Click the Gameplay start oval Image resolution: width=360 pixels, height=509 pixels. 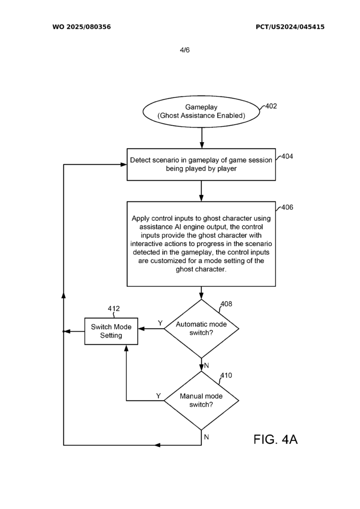point(201,111)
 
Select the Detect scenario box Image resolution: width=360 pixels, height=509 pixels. point(201,165)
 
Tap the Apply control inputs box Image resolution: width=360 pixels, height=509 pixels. point(201,244)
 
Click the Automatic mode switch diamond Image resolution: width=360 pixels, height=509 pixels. point(201,329)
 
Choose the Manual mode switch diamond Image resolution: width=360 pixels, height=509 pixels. point(201,401)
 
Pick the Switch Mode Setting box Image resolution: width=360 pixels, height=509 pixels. point(111,331)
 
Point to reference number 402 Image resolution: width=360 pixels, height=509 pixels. point(271,106)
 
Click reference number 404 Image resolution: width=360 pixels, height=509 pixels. point(287,156)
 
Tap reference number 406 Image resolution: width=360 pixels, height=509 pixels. point(287,207)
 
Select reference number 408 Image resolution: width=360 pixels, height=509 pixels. point(226,304)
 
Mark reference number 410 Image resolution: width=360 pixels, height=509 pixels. point(226,375)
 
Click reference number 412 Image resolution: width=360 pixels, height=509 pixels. point(113,309)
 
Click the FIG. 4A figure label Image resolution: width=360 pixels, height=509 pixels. point(275,439)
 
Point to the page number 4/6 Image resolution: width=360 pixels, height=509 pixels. point(184,50)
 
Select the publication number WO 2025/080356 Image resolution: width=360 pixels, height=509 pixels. point(82,27)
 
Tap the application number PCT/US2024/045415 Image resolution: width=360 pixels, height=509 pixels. point(290,27)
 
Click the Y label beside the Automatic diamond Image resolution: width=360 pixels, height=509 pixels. point(160,323)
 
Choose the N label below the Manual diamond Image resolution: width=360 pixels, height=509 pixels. point(206,437)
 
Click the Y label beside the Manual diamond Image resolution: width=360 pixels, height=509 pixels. point(158,396)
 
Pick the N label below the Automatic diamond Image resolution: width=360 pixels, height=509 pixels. point(206,366)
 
